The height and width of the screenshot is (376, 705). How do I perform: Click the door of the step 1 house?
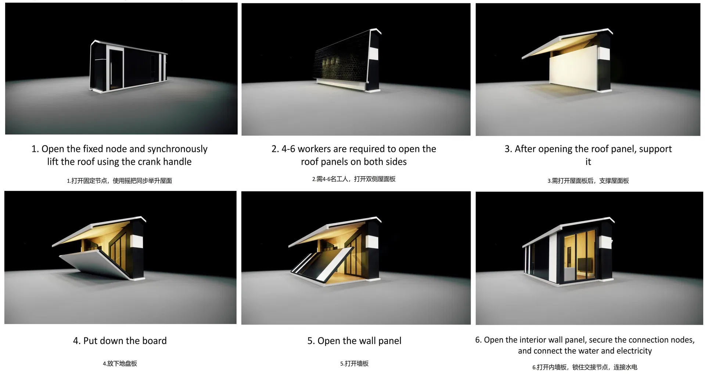pos(116,69)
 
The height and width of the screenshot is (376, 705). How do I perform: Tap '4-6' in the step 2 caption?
pos(288,149)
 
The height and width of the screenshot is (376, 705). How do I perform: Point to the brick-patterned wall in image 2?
pos(342,59)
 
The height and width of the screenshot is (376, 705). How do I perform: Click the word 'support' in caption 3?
pos(655,149)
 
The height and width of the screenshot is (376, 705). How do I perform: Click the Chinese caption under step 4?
pos(120,363)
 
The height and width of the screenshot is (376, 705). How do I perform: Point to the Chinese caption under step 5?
pos(354,363)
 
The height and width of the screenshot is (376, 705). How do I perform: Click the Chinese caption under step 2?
pos(354,179)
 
